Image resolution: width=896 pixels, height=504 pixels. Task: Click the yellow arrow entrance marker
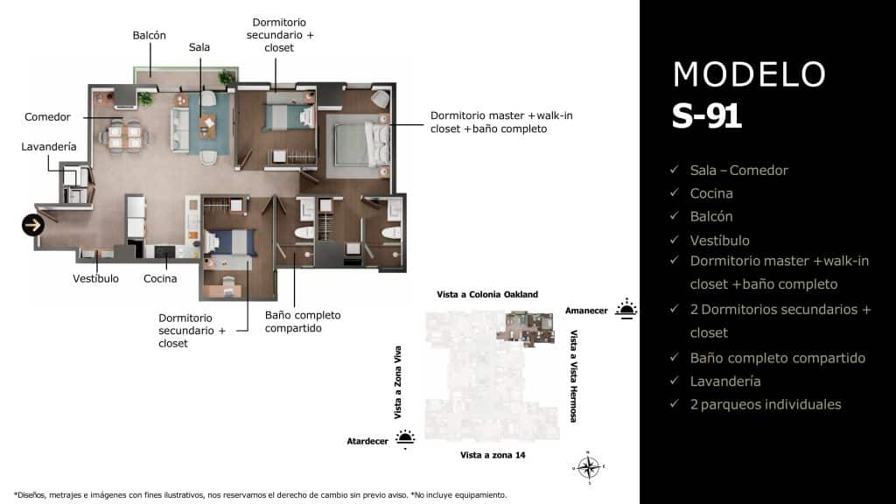coord(33,226)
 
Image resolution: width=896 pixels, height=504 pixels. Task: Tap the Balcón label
coord(150,35)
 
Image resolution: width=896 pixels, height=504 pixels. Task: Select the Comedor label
coord(47,117)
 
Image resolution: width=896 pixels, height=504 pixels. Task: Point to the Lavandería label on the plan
coord(49,147)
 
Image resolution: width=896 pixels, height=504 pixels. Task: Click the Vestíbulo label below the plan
coord(95,279)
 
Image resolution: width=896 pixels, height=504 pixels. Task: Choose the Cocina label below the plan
coord(160,279)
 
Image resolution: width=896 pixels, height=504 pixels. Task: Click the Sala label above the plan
coord(199,47)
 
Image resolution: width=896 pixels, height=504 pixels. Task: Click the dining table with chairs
coord(123,136)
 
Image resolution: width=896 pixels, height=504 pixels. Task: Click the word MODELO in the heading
coord(749,74)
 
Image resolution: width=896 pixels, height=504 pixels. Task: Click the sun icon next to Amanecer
coord(626,308)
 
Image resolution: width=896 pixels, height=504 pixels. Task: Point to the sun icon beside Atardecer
coord(405,438)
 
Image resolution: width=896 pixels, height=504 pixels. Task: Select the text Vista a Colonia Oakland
coord(487,295)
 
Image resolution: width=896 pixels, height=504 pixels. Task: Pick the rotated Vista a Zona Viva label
coord(399,381)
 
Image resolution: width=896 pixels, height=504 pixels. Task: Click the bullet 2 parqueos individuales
coord(765,404)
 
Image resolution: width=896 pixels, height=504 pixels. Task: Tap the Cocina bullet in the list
coord(710,193)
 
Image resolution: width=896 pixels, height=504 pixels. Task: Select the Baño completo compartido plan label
coord(303,321)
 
